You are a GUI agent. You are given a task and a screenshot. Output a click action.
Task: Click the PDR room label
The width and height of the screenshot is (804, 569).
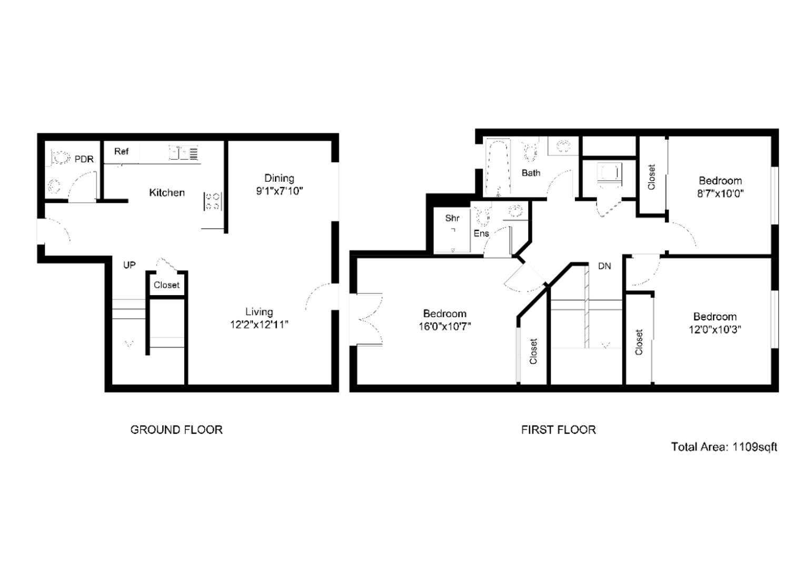(84, 159)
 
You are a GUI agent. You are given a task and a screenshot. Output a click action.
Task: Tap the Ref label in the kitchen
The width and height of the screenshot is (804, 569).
(121, 151)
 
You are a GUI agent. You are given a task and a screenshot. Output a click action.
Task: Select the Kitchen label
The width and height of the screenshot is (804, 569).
(167, 192)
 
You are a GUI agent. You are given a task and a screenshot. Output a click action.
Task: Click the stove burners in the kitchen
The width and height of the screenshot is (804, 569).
(213, 201)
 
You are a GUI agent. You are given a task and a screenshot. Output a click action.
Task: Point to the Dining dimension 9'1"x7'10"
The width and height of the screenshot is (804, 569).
(280, 191)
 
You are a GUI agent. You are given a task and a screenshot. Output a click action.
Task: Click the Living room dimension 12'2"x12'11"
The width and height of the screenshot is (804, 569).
(259, 325)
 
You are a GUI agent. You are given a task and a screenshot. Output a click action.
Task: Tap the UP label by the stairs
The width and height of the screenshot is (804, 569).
(129, 265)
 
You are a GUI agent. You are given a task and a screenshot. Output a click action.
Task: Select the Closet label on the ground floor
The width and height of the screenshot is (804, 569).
(166, 285)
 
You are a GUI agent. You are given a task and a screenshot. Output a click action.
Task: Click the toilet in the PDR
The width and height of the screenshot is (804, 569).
(60, 158)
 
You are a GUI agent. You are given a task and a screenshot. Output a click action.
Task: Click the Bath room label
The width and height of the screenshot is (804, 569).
(531, 173)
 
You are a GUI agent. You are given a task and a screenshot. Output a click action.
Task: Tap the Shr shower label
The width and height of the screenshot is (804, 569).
(452, 218)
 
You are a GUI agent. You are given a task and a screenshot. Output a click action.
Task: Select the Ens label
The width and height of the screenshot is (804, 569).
(481, 233)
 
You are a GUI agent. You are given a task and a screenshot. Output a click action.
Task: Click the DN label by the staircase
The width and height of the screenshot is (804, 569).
(604, 266)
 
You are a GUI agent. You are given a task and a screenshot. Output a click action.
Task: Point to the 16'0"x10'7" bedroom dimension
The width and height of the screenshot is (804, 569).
(445, 327)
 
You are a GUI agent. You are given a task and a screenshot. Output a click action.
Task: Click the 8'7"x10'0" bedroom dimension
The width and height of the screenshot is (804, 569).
(720, 194)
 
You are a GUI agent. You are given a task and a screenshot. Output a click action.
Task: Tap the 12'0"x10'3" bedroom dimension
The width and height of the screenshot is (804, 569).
(715, 329)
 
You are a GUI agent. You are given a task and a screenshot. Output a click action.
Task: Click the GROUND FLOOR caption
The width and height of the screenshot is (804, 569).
(176, 429)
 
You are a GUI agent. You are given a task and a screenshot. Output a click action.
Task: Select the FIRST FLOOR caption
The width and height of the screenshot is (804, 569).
(559, 429)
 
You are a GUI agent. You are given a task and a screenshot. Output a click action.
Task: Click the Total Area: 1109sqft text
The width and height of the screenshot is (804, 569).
(724, 447)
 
